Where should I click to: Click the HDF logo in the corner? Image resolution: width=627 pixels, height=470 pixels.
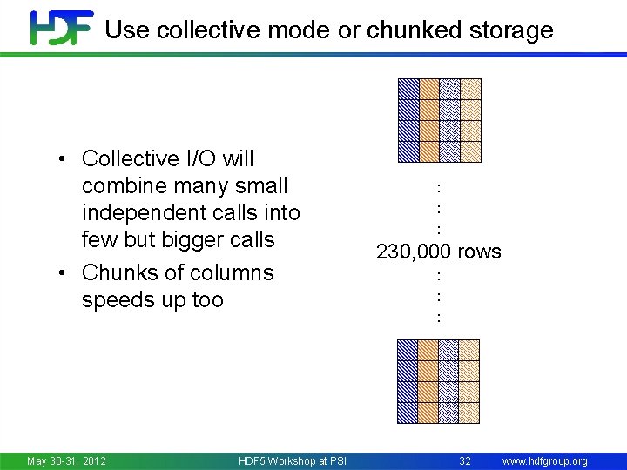(x=61, y=27)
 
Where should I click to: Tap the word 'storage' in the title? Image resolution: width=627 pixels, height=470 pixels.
(x=514, y=30)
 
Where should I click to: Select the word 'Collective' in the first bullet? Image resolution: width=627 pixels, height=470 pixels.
(x=130, y=158)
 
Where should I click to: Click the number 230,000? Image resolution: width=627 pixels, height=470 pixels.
(x=413, y=252)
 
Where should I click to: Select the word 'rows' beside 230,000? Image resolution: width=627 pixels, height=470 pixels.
(x=478, y=252)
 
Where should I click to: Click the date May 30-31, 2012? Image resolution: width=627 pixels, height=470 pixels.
(x=67, y=460)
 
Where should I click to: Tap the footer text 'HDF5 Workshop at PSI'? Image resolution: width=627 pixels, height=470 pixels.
(x=292, y=460)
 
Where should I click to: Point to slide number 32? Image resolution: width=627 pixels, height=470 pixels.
(x=465, y=460)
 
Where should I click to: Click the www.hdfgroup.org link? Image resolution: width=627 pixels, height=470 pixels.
(x=545, y=460)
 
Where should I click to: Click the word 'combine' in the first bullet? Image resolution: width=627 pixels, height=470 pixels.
(x=122, y=185)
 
